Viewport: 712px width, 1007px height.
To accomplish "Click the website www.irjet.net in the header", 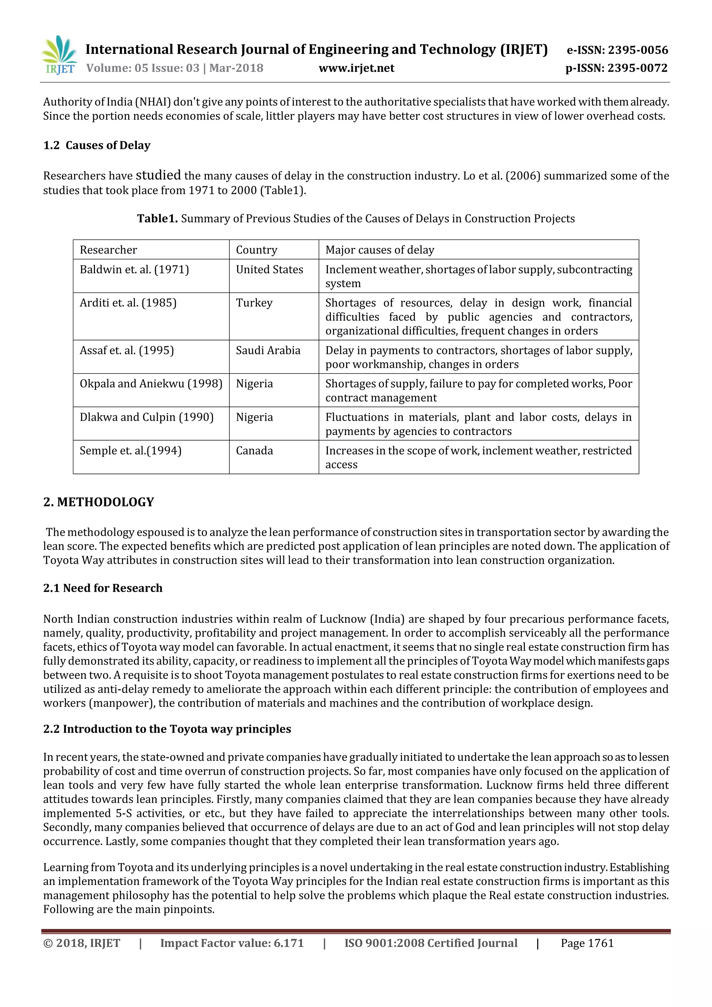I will (x=356, y=69).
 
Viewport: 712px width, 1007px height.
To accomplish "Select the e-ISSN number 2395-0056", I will (x=638, y=50).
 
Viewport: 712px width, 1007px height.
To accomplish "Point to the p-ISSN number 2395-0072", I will (x=638, y=69).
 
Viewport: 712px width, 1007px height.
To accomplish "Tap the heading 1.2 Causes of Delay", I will (x=97, y=145).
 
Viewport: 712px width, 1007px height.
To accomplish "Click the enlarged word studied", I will (x=158, y=175).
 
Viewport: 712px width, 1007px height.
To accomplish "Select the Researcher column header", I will (x=108, y=250).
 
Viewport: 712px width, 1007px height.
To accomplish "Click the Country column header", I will (x=257, y=250).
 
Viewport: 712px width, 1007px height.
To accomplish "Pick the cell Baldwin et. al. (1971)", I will (x=134, y=269).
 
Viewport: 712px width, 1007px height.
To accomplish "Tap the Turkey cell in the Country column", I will (x=254, y=303).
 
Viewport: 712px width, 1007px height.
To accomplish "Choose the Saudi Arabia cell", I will (x=268, y=351).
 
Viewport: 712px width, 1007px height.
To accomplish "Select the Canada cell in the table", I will (x=254, y=450).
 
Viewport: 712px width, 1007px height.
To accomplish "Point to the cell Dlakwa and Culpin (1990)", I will (x=146, y=417).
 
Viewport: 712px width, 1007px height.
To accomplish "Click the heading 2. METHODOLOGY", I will (x=99, y=502).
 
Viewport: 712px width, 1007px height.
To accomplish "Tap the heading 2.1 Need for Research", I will (x=103, y=588).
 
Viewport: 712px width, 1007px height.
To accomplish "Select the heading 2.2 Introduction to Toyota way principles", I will (x=167, y=729).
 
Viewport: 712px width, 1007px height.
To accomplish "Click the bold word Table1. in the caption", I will (x=157, y=218).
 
